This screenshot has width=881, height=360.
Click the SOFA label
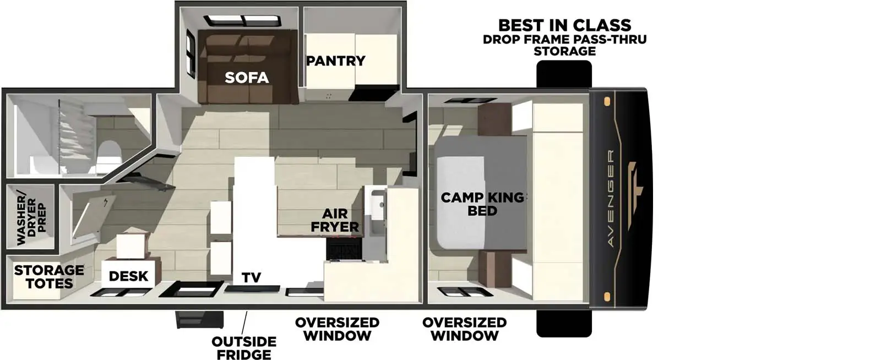(x=246, y=78)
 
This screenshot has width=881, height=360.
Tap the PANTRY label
(x=335, y=61)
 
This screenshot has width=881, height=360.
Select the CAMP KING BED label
(x=482, y=204)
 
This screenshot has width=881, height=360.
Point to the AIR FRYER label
(x=335, y=220)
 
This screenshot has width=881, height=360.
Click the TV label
(x=251, y=278)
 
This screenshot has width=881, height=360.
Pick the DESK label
(x=128, y=276)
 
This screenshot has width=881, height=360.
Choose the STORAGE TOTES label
(x=49, y=277)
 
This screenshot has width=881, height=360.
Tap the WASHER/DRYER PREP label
(x=31, y=217)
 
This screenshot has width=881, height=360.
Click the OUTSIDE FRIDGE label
(x=244, y=348)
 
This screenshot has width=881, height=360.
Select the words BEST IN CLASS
(x=564, y=25)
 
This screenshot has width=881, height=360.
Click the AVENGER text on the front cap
(x=611, y=198)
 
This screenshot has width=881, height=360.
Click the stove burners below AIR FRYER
(x=344, y=249)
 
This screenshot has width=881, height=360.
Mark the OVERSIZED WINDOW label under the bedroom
(x=464, y=329)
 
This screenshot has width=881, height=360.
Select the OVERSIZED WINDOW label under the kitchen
(x=337, y=329)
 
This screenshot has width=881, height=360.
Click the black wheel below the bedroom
(x=564, y=323)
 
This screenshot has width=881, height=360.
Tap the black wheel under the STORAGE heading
(x=564, y=73)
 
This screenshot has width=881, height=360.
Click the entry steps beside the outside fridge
(x=199, y=319)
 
